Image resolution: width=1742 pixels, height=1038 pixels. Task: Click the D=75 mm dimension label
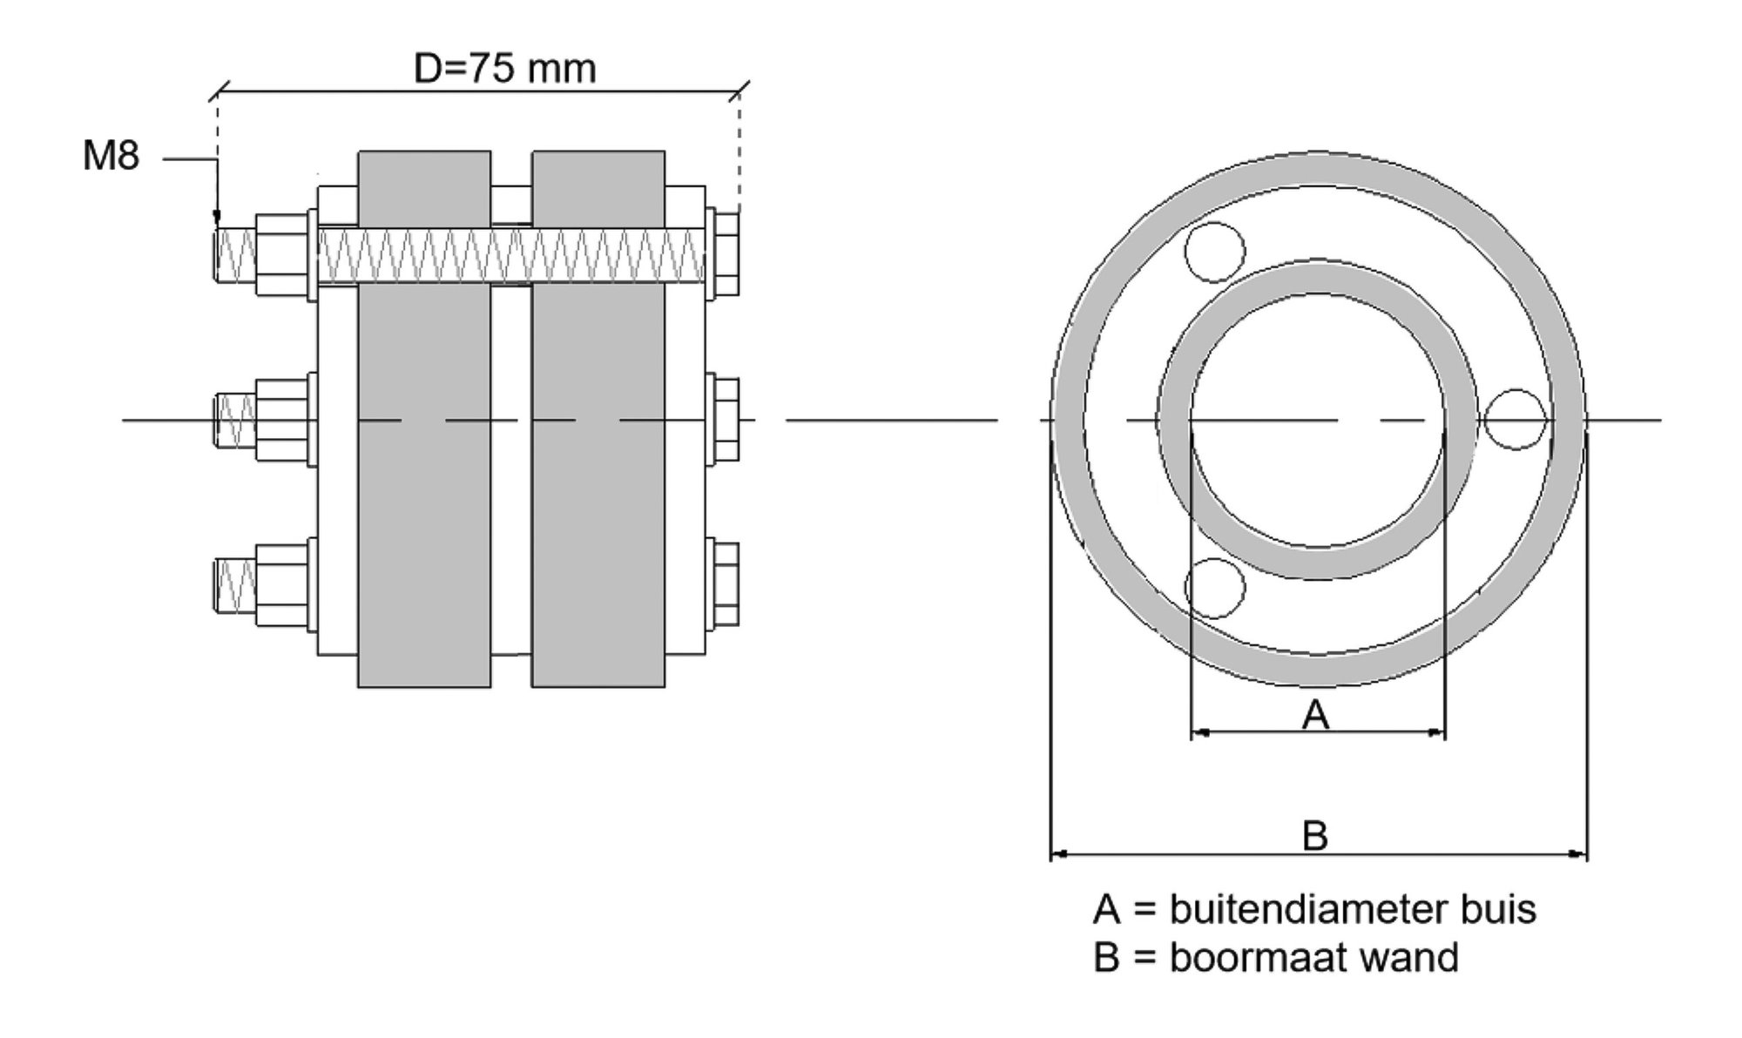click(504, 68)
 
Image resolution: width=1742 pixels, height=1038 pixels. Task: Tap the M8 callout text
click(111, 157)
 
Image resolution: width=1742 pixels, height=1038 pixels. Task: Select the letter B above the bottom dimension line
click(1314, 835)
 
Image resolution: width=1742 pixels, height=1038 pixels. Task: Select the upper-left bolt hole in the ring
click(1214, 252)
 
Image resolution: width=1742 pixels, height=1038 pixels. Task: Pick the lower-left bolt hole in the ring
click(1214, 588)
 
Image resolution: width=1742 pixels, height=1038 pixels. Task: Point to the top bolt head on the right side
click(726, 253)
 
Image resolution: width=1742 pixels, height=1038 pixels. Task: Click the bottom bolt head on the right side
click(726, 583)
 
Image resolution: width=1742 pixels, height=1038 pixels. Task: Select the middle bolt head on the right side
click(726, 420)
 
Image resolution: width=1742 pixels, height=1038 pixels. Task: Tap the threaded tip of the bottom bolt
click(234, 583)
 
